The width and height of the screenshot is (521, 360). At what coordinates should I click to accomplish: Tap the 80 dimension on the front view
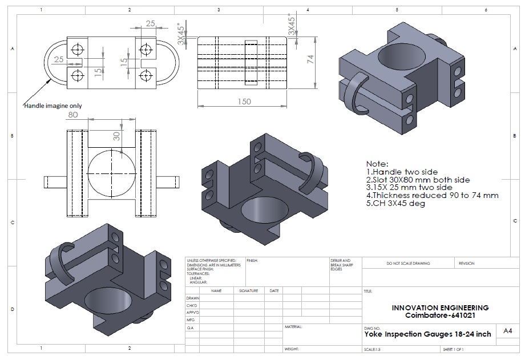[73, 114]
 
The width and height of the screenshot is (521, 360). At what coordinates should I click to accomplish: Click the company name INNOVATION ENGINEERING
[440, 308]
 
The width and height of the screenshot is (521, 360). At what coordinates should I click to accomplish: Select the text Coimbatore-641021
[440, 315]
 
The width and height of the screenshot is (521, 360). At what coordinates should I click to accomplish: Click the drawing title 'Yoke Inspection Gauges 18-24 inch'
[427, 334]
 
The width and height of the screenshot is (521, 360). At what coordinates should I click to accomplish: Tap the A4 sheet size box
[507, 331]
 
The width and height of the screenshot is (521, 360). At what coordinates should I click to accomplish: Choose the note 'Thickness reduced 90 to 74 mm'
[432, 195]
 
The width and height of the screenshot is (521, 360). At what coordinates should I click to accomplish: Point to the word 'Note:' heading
[377, 163]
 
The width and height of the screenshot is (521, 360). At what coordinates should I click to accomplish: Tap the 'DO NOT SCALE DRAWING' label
[408, 264]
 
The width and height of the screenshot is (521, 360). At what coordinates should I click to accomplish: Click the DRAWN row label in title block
[193, 298]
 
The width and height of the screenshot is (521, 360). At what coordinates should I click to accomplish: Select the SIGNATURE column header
[249, 291]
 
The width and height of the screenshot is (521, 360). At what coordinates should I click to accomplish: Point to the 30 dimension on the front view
[116, 137]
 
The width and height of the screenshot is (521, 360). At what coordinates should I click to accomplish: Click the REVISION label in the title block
[466, 264]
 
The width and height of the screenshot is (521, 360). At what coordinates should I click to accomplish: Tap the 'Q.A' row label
[190, 328]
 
